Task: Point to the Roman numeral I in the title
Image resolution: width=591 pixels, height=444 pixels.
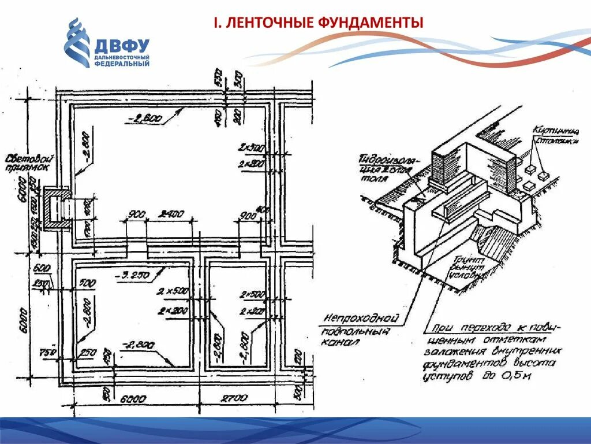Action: tap(216, 23)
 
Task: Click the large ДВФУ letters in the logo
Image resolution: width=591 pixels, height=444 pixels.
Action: tap(122, 46)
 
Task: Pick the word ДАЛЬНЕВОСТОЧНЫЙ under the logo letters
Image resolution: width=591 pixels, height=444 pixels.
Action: tap(122, 57)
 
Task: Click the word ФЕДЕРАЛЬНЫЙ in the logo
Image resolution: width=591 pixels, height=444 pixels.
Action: tap(122, 64)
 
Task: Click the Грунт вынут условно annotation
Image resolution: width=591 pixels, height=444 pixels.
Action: tap(468, 268)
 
